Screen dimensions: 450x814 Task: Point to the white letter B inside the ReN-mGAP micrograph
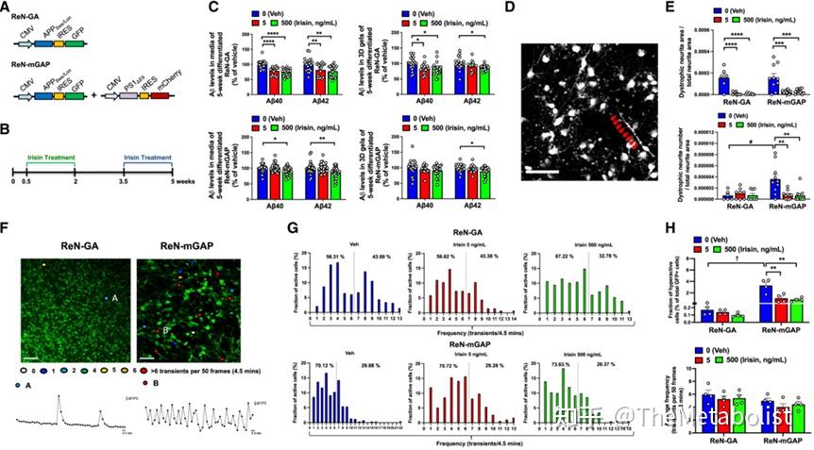165,329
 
